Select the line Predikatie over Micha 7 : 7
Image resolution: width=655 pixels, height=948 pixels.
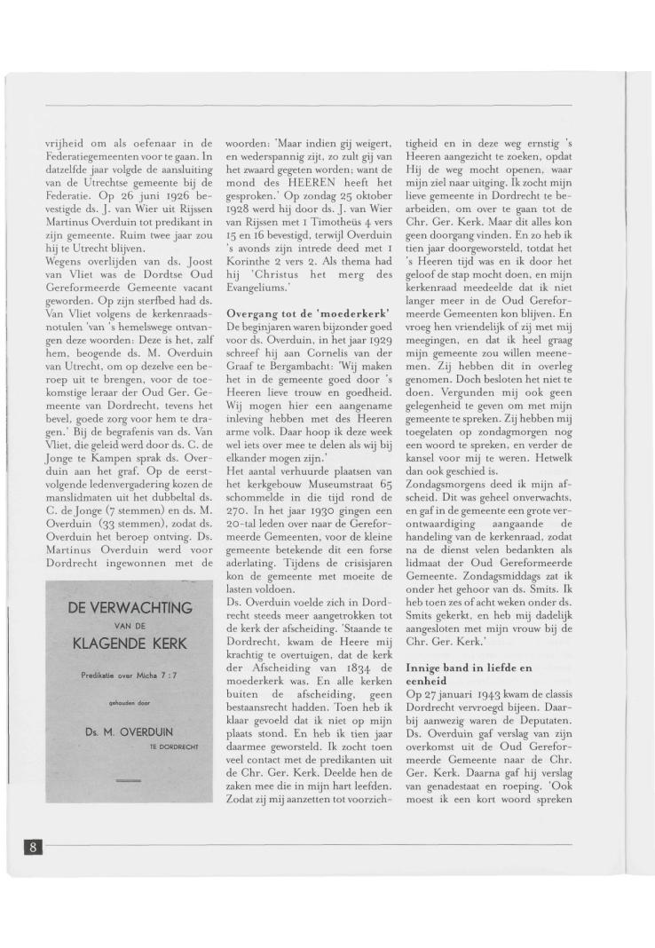(x=129, y=675)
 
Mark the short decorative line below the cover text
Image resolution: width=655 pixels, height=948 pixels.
(x=129, y=778)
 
